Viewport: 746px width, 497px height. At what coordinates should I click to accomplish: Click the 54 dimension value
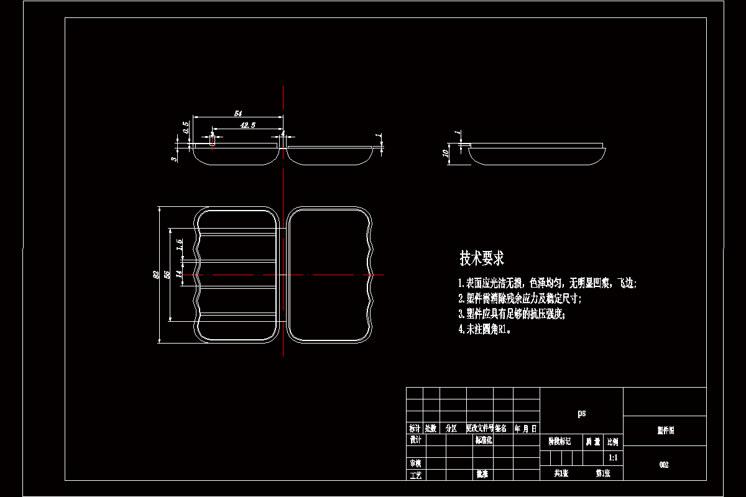tap(237, 113)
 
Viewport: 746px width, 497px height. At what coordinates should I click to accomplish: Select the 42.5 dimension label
tap(247, 125)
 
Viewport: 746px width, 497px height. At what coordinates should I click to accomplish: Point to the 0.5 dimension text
tap(185, 127)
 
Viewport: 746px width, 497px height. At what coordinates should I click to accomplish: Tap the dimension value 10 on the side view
tap(445, 153)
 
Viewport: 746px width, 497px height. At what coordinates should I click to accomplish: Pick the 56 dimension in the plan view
tap(167, 274)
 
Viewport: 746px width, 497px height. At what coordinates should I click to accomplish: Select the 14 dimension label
tap(178, 273)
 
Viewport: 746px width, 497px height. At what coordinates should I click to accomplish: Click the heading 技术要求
tap(482, 258)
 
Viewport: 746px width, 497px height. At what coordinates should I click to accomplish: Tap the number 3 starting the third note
tap(460, 314)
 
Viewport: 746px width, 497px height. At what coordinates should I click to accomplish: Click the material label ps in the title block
tap(581, 413)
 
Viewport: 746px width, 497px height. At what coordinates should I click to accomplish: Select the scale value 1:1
tap(613, 458)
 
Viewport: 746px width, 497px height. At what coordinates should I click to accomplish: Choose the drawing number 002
tap(664, 465)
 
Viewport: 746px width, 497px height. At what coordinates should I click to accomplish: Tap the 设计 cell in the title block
tap(415, 440)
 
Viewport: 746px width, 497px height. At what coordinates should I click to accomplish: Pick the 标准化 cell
tap(484, 440)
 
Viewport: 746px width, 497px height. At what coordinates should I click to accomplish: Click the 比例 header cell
tap(613, 442)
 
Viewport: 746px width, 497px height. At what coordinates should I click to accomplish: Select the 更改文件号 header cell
tap(480, 429)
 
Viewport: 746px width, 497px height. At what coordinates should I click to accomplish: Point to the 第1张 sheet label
tap(603, 473)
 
